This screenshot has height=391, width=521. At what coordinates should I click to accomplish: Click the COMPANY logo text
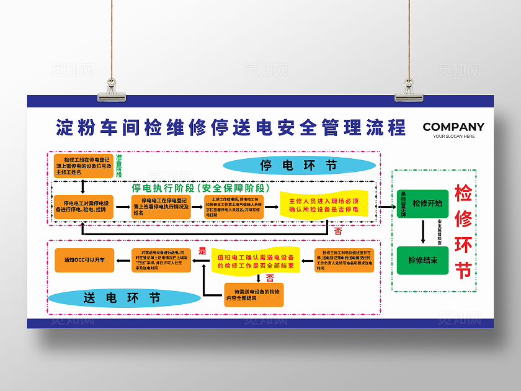click(453, 127)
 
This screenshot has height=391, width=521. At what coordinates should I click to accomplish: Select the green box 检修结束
click(422, 260)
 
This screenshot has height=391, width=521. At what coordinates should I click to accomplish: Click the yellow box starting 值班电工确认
click(256, 261)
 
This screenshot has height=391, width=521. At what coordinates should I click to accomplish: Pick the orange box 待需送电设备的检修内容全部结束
click(254, 295)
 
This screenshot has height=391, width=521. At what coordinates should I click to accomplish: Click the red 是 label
click(202, 251)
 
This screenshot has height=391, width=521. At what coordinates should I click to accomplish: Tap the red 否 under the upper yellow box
click(337, 231)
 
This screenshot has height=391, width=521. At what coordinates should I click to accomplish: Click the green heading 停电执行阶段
click(200, 187)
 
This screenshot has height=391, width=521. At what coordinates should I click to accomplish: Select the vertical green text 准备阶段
click(118, 165)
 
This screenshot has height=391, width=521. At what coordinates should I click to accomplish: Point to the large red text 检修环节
click(463, 231)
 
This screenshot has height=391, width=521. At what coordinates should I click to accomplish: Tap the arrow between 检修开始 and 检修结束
click(423, 231)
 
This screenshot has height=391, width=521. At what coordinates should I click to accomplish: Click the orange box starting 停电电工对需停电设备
click(84, 206)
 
